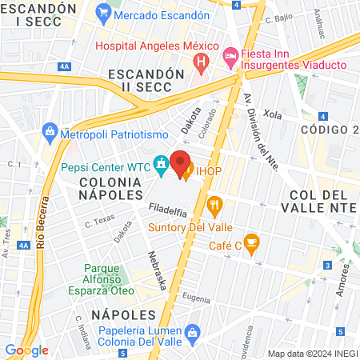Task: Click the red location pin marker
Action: pyautogui.click(x=180, y=162)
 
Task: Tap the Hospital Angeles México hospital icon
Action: pyautogui.click(x=202, y=60)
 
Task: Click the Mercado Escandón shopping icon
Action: pyautogui.click(x=102, y=13)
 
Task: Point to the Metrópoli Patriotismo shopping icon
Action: pyautogui.click(x=50, y=130)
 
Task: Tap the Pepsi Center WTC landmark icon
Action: pyautogui.click(x=162, y=166)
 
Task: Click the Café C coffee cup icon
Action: pyautogui.click(x=251, y=242)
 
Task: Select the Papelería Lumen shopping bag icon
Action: pyautogui.click(x=192, y=330)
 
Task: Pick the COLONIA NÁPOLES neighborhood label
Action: pyautogui.click(x=110, y=189)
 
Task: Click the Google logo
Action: pyautogui.click(x=26, y=350)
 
